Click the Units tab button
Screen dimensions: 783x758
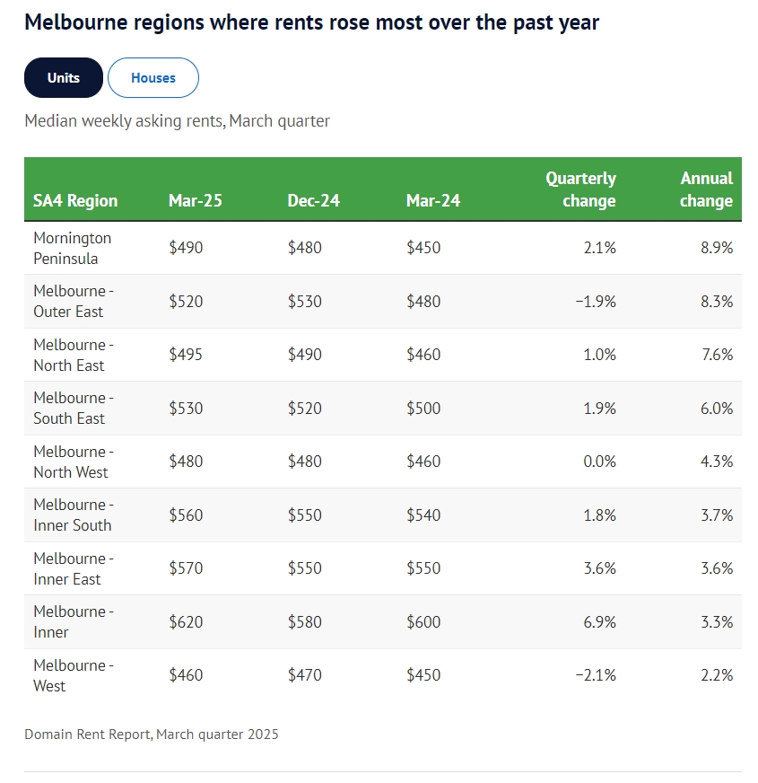pos(64,78)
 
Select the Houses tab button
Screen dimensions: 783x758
pos(153,78)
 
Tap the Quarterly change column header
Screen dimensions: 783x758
pos(580,189)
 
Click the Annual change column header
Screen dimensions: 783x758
pos(706,189)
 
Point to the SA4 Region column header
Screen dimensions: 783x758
pos(75,200)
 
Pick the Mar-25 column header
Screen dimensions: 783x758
pos(195,200)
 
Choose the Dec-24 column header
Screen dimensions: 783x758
pos(314,200)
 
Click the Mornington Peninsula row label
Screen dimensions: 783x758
pos(73,248)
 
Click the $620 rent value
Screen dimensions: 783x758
pos(186,621)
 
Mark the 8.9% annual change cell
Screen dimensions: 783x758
pos(717,248)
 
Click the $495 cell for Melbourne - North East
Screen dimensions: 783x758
pos(186,355)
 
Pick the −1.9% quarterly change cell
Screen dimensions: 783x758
pos(595,302)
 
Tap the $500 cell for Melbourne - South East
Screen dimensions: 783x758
pos(423,409)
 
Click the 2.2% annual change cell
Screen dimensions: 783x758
pos(717,675)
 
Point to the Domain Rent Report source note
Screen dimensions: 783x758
pos(152,735)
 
